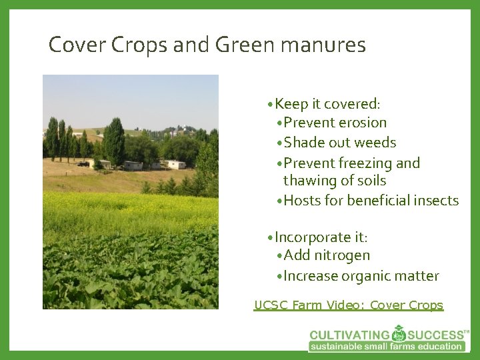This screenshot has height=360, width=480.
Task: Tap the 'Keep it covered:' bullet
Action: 327,103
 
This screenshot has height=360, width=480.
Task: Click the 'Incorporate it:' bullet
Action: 322,237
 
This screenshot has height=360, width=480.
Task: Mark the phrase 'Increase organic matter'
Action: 361,276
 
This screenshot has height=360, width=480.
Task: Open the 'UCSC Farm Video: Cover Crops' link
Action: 348,305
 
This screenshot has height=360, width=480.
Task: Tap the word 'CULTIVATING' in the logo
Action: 351,335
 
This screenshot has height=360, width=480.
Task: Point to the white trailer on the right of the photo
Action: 176,164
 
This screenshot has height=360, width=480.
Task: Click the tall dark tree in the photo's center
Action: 114,140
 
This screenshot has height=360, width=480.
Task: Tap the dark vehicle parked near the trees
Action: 83,164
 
